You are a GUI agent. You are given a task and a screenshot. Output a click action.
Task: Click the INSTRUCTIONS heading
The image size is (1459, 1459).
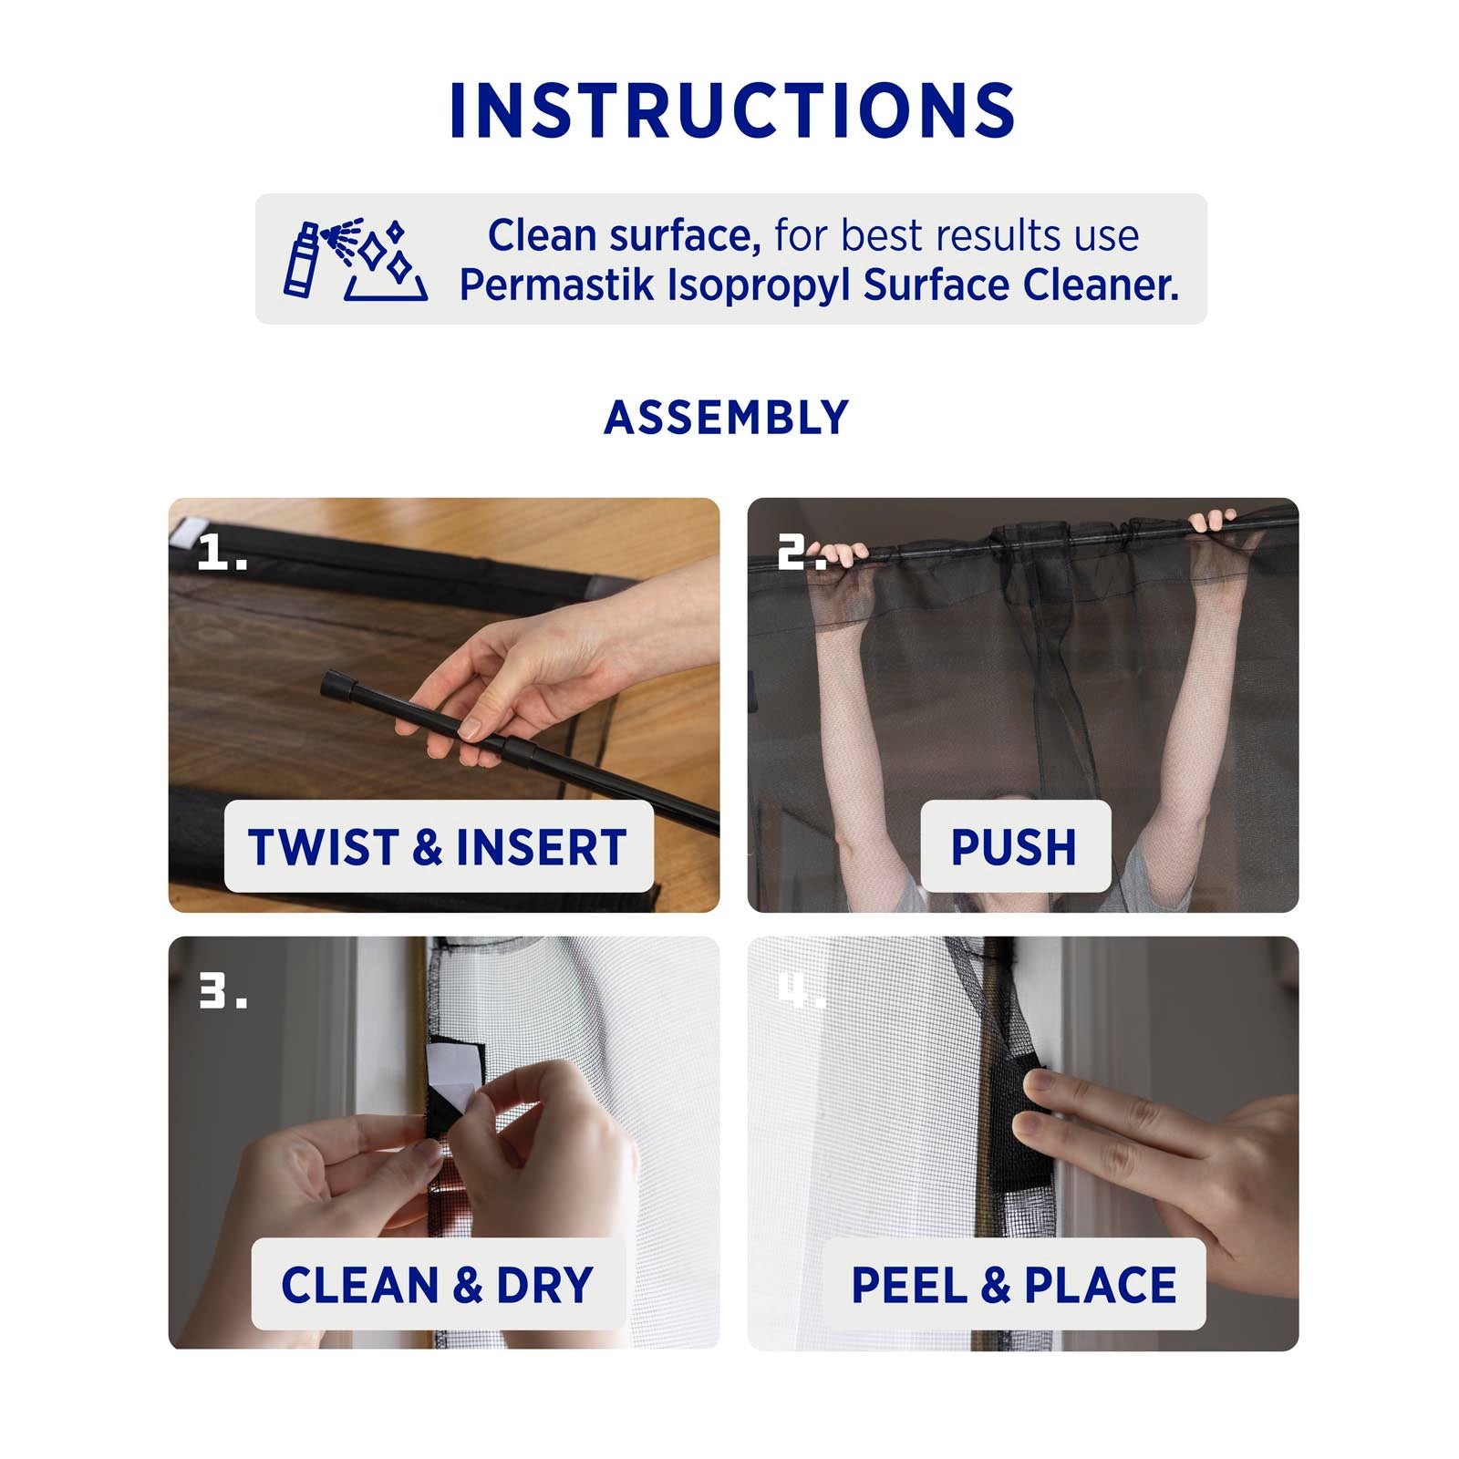(x=731, y=110)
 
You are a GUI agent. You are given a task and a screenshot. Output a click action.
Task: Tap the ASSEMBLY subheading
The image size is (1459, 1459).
(x=727, y=418)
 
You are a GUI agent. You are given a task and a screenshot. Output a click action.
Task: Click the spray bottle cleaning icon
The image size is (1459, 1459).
(x=355, y=260)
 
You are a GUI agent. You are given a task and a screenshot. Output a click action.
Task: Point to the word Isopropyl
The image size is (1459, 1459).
(x=761, y=286)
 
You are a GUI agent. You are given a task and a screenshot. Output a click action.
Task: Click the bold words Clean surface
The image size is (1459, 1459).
(x=625, y=235)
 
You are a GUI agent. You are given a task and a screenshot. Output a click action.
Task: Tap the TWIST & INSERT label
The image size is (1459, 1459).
(x=438, y=847)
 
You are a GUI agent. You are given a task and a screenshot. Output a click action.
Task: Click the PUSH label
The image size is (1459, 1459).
(x=1014, y=847)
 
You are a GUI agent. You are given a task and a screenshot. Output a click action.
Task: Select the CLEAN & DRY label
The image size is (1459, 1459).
(x=438, y=1285)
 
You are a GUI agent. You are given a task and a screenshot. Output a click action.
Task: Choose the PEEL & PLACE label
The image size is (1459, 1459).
(x=1014, y=1285)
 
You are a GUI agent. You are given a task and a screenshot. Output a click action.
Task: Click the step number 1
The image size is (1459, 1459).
(x=222, y=553)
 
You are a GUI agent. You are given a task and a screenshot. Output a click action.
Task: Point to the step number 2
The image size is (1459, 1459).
(x=801, y=553)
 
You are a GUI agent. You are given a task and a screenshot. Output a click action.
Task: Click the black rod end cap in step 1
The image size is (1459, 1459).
(x=338, y=684)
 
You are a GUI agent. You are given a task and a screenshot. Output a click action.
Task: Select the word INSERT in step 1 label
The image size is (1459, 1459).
(x=542, y=847)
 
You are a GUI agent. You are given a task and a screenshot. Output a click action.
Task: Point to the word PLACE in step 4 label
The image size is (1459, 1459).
(x=1101, y=1285)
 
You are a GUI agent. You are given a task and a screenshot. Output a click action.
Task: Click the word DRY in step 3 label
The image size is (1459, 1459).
(x=545, y=1285)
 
